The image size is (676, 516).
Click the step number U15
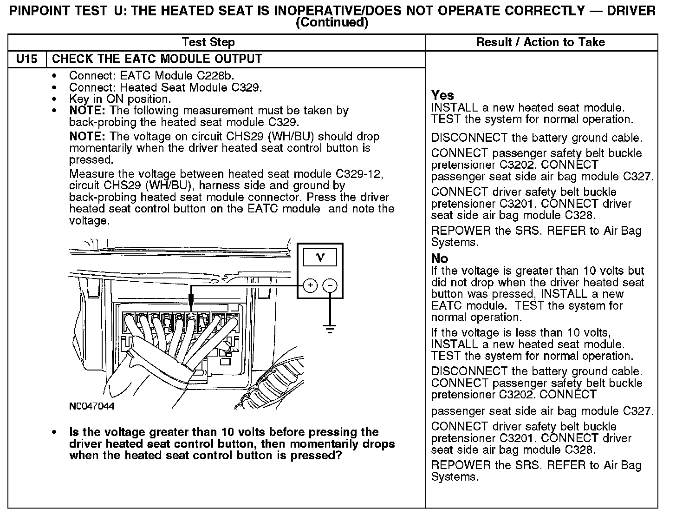(27, 59)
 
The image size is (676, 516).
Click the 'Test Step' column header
(208, 42)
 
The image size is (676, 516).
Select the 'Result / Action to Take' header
(541, 42)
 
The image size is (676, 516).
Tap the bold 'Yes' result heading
(442, 95)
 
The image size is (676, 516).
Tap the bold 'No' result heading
(440, 258)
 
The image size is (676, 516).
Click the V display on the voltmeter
(320, 257)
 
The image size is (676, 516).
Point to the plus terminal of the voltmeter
(310, 285)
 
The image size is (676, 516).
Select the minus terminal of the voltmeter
(330, 285)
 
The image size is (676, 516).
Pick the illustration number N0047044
(91, 406)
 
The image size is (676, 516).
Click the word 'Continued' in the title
(331, 22)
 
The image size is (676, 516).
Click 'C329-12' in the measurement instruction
(359, 174)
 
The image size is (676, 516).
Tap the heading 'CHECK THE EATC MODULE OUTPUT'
(157, 59)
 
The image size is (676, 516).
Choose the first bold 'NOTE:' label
(88, 111)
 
